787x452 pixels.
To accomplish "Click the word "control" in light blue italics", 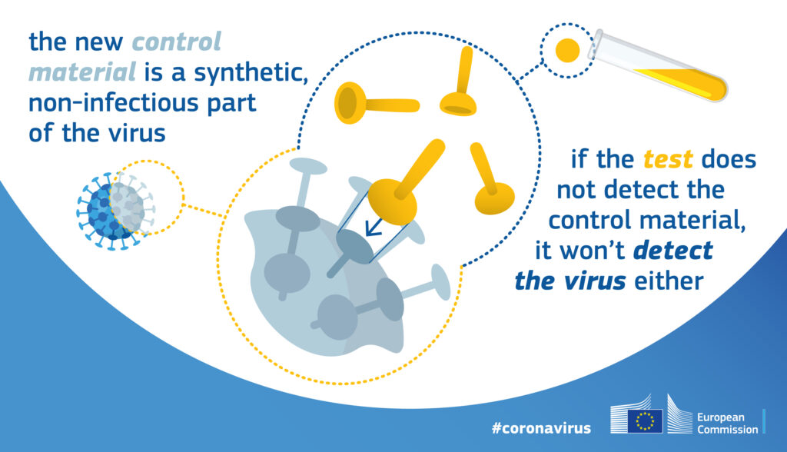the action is click(176, 42).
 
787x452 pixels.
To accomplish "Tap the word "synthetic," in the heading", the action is click(251, 73).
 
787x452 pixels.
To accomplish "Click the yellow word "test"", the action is click(668, 160).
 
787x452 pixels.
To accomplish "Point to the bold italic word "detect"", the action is click(673, 250).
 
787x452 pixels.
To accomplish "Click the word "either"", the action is click(669, 281).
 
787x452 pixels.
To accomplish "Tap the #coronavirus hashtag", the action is click(541, 428).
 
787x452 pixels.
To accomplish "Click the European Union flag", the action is click(645, 420).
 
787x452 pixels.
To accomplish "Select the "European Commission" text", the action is click(727, 424).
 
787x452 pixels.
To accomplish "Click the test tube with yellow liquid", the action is click(659, 66).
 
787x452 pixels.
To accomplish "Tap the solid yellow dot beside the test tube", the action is click(568, 50).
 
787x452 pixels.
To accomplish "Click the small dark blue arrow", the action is click(374, 227).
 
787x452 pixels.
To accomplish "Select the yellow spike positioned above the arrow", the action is click(404, 184).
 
